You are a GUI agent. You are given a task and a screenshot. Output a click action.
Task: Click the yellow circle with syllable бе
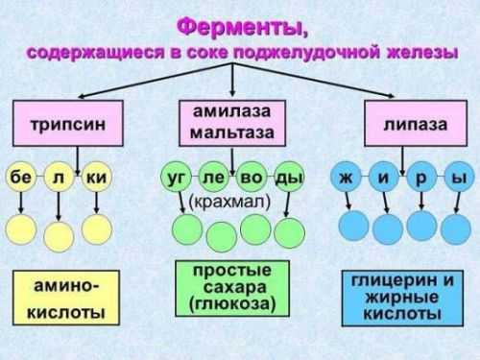point(20,178)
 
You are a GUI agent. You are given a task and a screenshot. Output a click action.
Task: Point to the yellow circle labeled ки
point(95,178)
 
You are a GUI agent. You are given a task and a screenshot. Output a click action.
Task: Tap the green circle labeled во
point(252,178)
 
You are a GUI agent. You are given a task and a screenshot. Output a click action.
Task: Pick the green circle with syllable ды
point(288,178)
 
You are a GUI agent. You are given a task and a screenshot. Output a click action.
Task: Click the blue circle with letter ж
point(344,178)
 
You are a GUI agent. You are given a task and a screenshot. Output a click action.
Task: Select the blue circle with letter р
point(420,178)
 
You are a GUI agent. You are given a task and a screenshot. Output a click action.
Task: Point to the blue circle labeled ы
point(459,178)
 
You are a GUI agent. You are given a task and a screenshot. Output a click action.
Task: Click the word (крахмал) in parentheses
point(230,202)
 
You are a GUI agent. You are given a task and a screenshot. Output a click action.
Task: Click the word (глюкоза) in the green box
point(232,305)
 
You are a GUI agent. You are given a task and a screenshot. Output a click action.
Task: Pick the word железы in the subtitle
point(418,53)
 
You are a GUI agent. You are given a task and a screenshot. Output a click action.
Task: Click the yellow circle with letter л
point(58,178)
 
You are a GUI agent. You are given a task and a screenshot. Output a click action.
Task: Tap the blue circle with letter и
point(382,178)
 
